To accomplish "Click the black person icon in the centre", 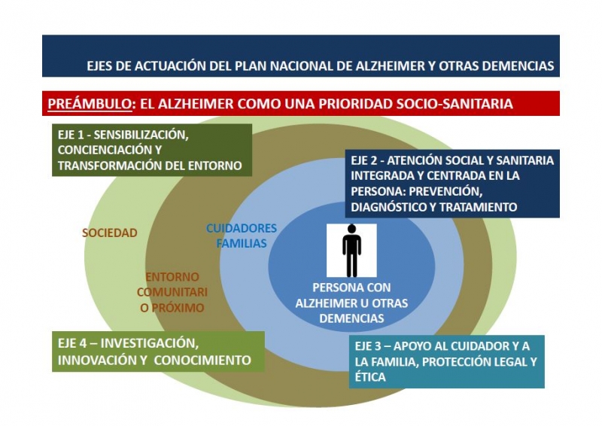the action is point(351,251).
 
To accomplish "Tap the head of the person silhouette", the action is point(351,229).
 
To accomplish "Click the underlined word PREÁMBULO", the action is point(90,104).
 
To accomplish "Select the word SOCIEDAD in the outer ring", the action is point(110,233).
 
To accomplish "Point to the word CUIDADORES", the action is point(242,228).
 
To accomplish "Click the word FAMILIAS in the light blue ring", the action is point(242,244).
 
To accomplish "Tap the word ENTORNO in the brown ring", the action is point(172,277).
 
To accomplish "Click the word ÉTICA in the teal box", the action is point(370,376).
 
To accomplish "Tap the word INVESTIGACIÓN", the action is point(149,343).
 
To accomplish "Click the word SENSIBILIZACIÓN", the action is point(141,135).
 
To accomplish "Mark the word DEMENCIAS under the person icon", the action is point(351,318).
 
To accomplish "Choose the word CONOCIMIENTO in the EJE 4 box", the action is point(202,361).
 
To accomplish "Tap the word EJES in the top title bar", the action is point(99,66).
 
